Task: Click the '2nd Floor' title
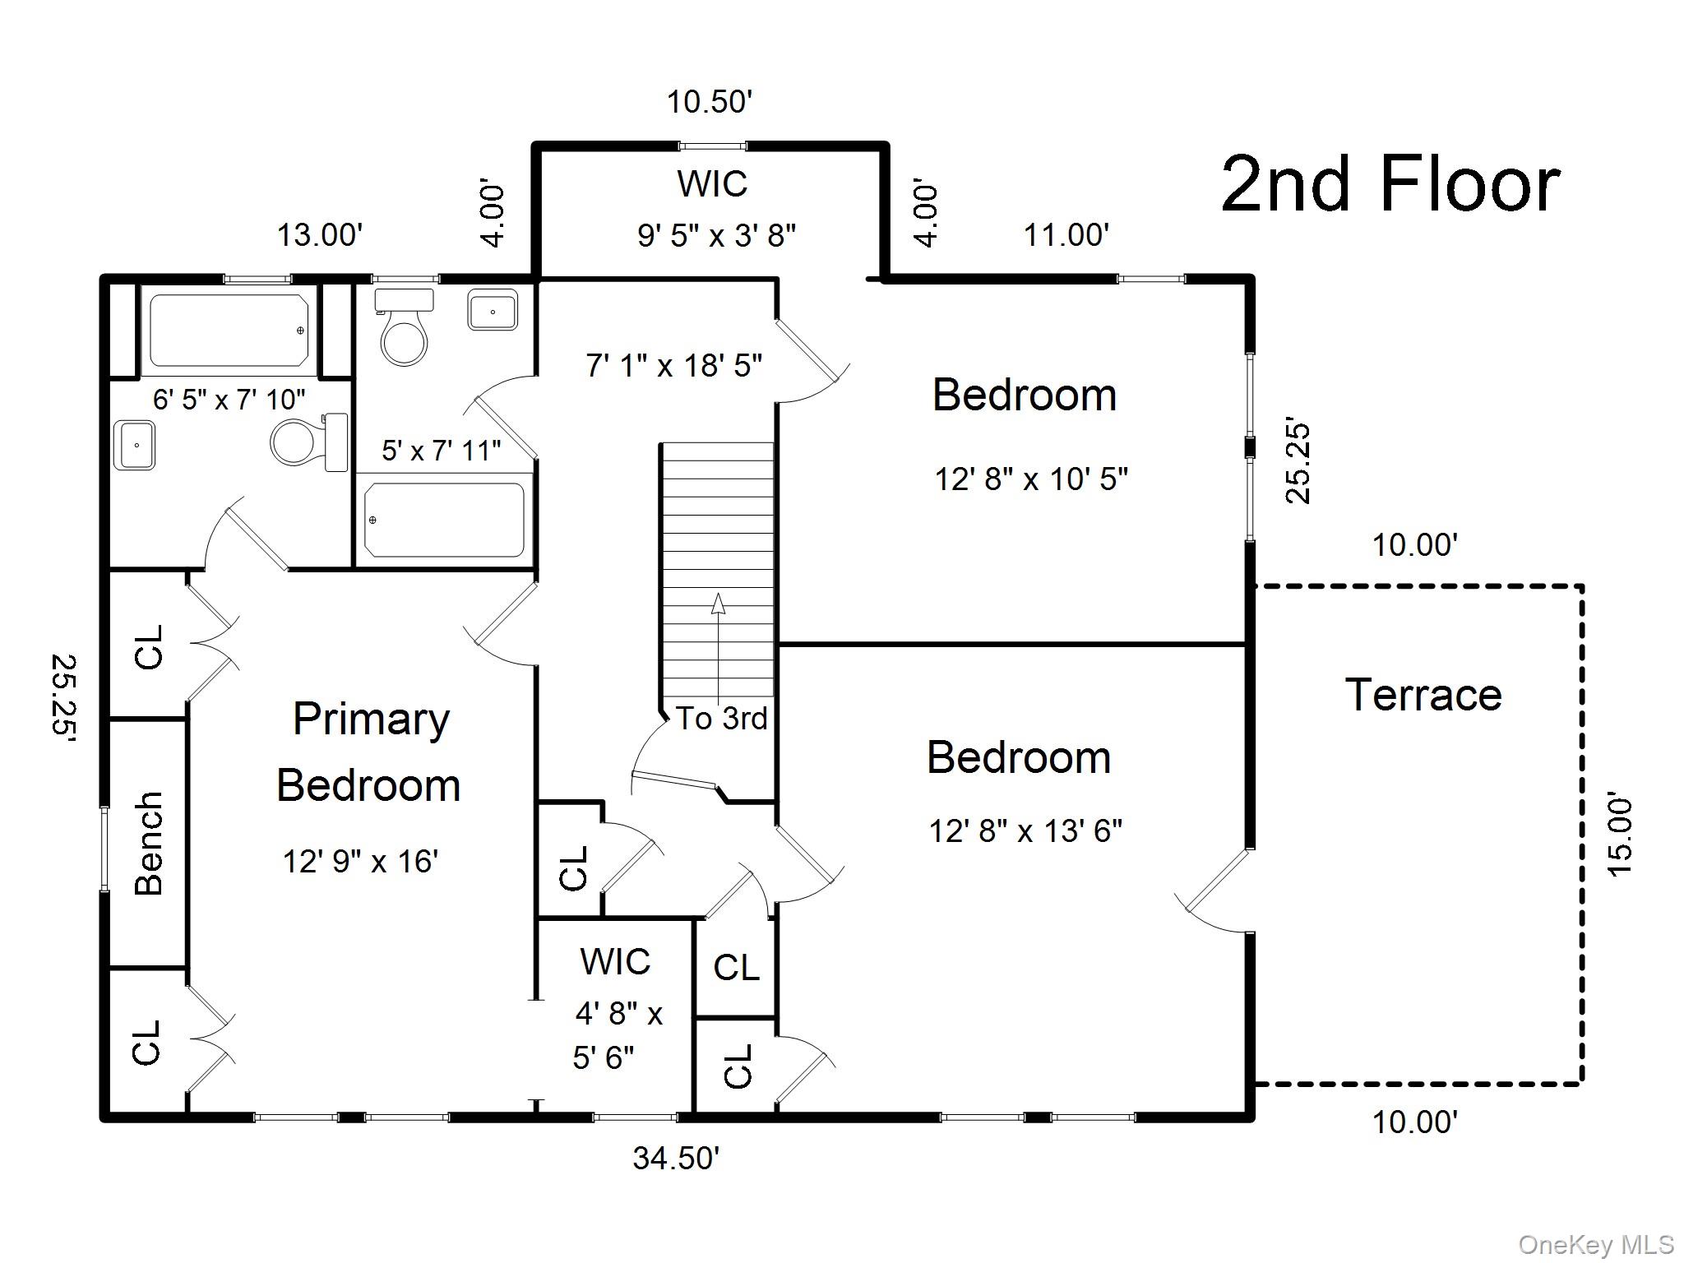click(1390, 184)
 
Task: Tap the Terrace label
click(1423, 695)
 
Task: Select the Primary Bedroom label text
click(369, 752)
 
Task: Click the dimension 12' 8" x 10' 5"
click(1031, 479)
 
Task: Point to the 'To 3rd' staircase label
click(721, 718)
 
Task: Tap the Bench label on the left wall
click(149, 844)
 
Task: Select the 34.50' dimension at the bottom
click(676, 1158)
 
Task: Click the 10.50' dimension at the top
click(709, 102)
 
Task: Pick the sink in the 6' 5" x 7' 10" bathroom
click(135, 444)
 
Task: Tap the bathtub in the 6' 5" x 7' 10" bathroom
click(229, 330)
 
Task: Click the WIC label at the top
click(712, 183)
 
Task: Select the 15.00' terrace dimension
click(1618, 835)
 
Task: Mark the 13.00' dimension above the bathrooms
click(319, 235)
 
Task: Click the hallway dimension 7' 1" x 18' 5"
click(673, 365)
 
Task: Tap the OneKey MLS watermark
click(1595, 1244)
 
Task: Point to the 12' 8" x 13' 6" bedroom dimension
click(1025, 830)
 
